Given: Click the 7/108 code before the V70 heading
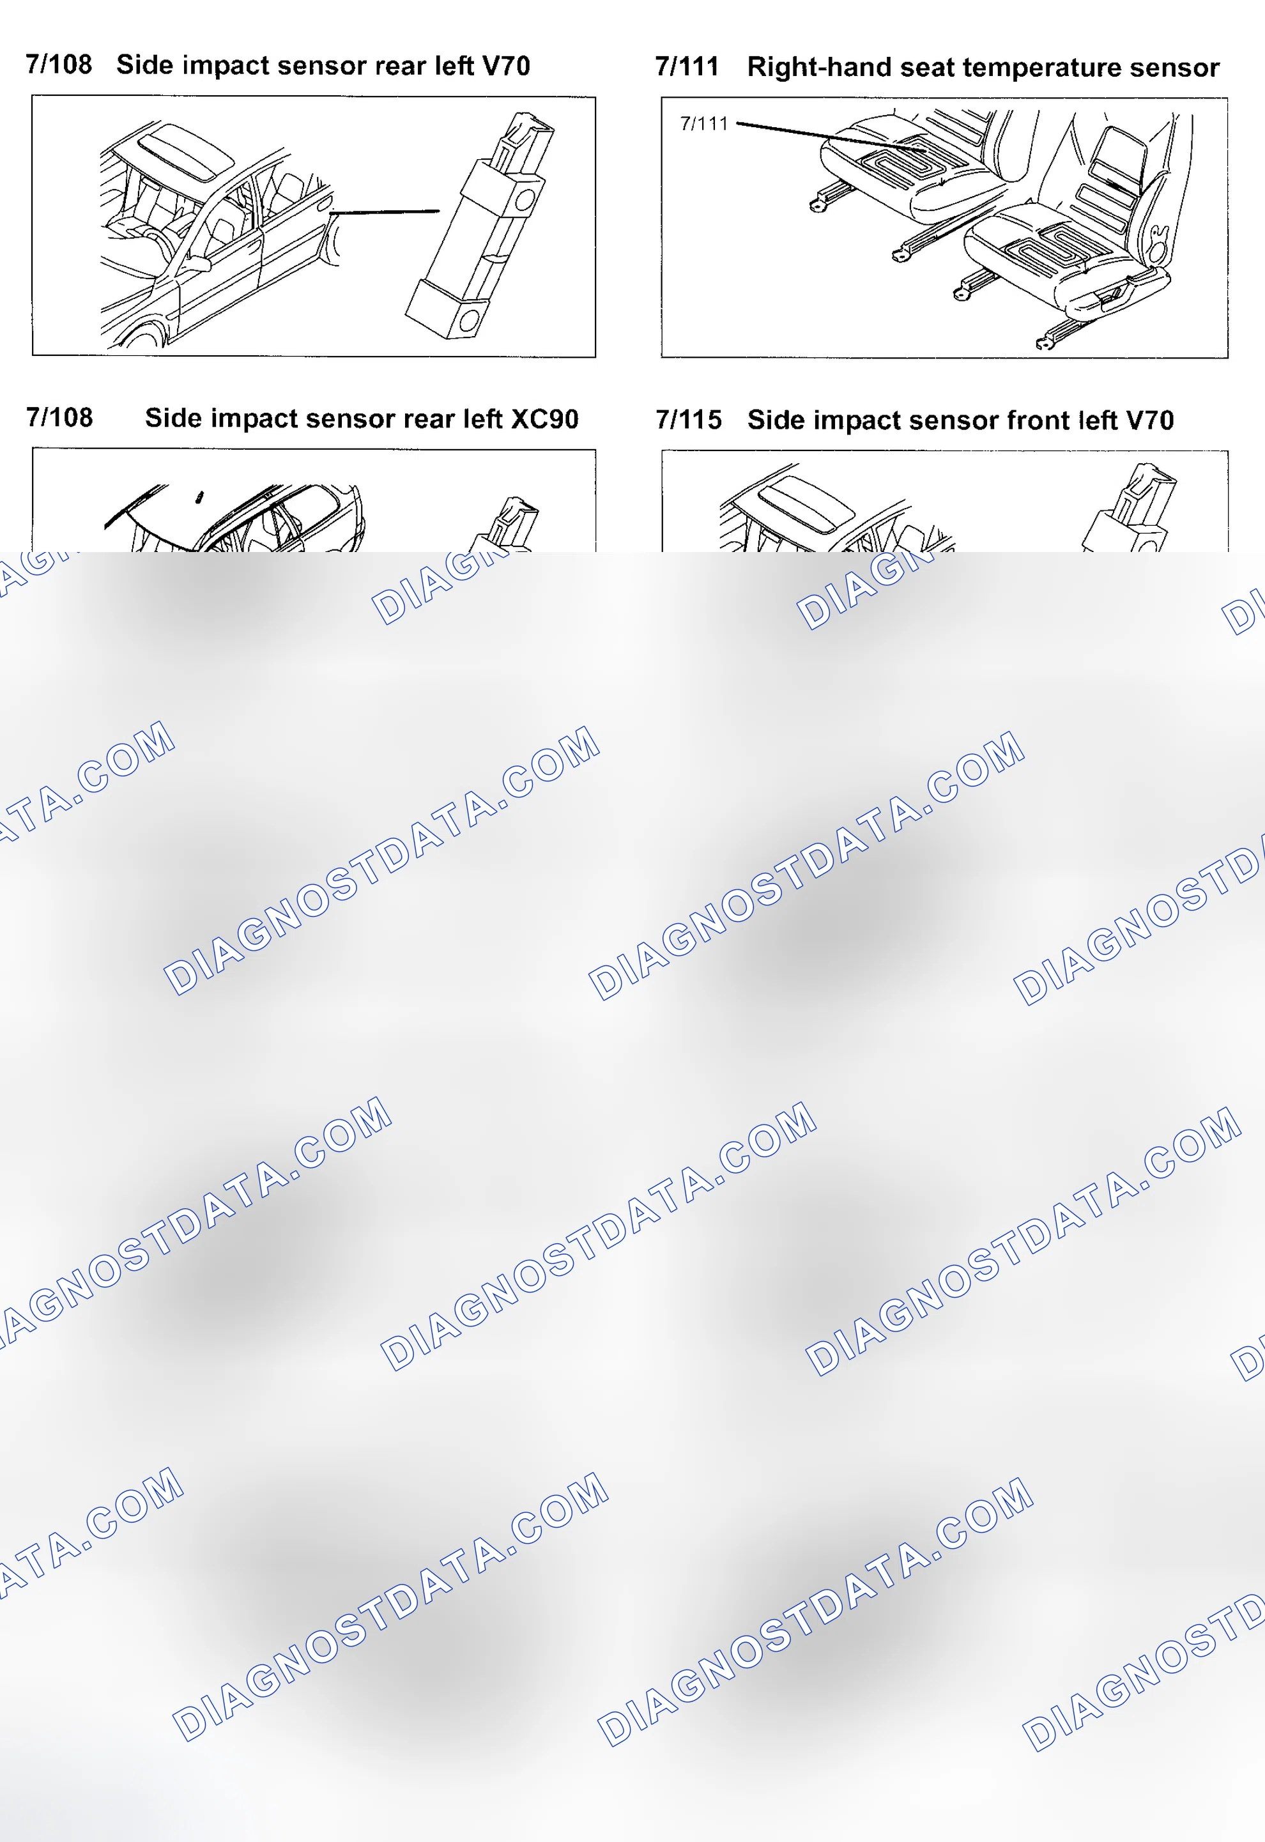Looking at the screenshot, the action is [59, 64].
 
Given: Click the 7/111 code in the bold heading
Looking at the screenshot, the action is [687, 66].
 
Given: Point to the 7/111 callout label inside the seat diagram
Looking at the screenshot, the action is [704, 124].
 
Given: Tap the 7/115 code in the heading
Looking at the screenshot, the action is [689, 419].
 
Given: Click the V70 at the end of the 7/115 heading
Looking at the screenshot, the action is [1149, 420].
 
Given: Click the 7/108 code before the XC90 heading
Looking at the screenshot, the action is [59, 417].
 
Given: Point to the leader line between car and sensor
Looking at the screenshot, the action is [385, 211].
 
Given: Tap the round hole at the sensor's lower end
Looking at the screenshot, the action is [468, 321].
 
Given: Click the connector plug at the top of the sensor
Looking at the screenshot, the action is [523, 142].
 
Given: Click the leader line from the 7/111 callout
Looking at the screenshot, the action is [831, 136].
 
